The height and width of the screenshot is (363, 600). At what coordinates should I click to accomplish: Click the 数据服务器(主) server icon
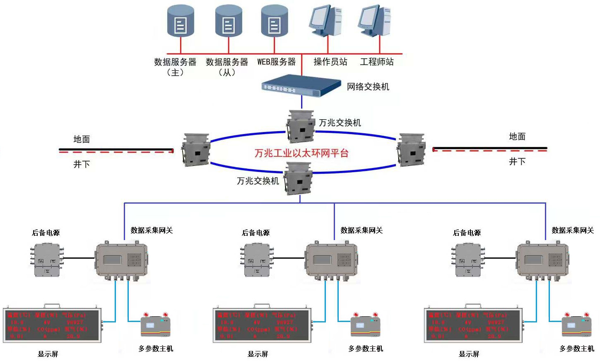pyautogui.click(x=181, y=21)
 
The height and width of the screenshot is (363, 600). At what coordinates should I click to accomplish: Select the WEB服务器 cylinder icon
pyautogui.click(x=274, y=21)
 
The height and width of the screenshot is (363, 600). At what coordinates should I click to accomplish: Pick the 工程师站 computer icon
pyautogui.click(x=375, y=21)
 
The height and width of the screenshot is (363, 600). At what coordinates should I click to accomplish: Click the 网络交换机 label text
pyautogui.click(x=368, y=87)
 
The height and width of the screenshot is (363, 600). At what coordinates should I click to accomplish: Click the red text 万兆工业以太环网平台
pyautogui.click(x=301, y=153)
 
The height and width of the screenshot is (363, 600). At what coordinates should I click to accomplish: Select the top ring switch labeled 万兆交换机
pyautogui.click(x=301, y=126)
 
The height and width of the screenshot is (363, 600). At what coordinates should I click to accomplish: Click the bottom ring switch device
pyautogui.click(x=298, y=178)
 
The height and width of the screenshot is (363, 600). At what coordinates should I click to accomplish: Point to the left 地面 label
pyautogui.click(x=82, y=139)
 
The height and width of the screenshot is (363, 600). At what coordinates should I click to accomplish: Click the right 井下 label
pyautogui.click(x=517, y=162)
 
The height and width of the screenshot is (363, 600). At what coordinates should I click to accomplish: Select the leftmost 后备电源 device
pyautogui.click(x=47, y=260)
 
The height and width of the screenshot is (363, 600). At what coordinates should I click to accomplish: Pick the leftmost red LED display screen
pyautogui.click(x=52, y=325)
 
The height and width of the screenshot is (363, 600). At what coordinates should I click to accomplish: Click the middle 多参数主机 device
pyautogui.click(x=366, y=325)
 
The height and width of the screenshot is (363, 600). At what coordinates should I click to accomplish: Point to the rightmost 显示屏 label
pyautogui.click(x=469, y=354)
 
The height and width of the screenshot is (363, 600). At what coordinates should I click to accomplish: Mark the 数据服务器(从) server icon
pyautogui.click(x=229, y=21)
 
